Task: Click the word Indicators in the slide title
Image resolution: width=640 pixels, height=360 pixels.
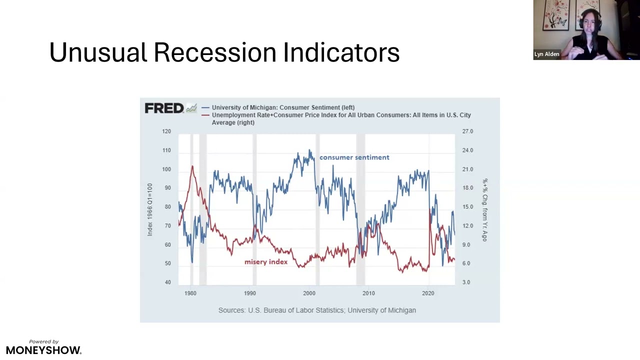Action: (x=341, y=52)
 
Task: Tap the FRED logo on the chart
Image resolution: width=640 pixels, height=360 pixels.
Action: (x=164, y=108)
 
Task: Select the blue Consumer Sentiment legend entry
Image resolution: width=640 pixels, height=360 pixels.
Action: (x=283, y=107)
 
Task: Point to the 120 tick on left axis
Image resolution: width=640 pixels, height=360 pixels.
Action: (x=166, y=131)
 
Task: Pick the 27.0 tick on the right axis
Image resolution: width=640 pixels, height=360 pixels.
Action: (x=467, y=131)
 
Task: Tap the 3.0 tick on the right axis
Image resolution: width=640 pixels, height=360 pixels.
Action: (x=466, y=282)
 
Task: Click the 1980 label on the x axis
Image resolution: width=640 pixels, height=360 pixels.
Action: (x=190, y=293)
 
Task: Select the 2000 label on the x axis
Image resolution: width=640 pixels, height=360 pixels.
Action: (x=309, y=293)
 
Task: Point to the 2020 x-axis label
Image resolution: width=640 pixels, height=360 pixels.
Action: (x=428, y=293)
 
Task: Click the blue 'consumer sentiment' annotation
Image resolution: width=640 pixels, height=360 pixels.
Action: (x=354, y=157)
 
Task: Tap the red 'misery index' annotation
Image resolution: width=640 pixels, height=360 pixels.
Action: (x=266, y=262)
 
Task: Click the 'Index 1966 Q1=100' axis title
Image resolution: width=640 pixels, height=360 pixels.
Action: (x=150, y=209)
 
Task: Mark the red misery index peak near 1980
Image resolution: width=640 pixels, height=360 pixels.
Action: (x=192, y=166)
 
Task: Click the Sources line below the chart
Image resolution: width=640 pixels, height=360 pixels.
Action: (x=317, y=310)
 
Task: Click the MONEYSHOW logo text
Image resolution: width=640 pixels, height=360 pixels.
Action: (x=43, y=350)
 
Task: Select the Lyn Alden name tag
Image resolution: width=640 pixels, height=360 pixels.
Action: (x=546, y=54)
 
